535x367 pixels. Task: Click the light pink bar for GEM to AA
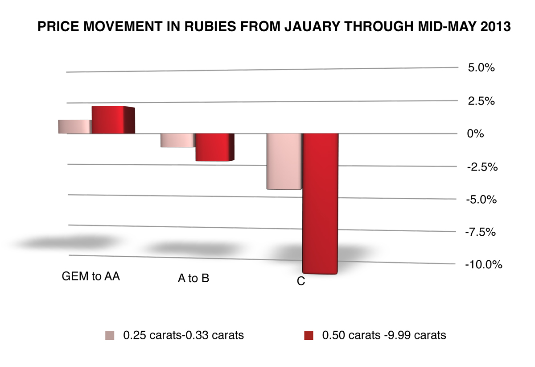click(75, 127)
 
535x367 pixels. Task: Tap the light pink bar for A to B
click(177, 140)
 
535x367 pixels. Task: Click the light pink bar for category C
click(284, 161)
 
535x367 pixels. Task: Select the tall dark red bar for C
click(320, 203)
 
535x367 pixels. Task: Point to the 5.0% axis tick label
click(481, 68)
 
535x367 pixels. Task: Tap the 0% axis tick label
click(475, 133)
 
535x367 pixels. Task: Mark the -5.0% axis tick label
click(481, 199)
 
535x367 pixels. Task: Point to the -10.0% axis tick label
click(483, 264)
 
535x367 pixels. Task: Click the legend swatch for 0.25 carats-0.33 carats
click(110, 335)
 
